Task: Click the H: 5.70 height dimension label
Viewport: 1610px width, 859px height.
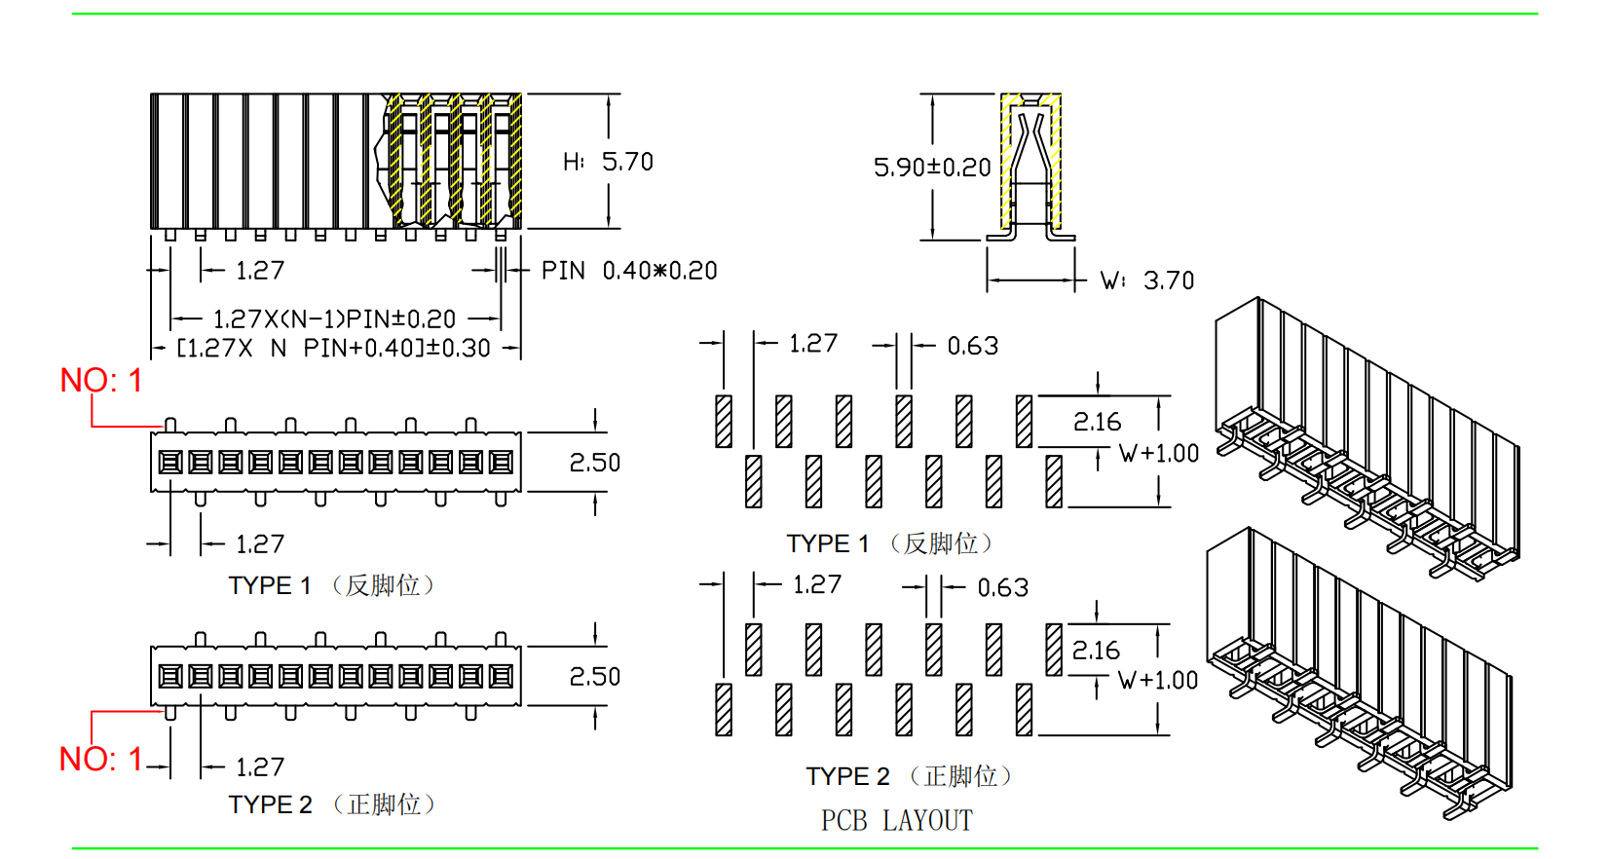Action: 608,162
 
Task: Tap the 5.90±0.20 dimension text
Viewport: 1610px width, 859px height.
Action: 932,168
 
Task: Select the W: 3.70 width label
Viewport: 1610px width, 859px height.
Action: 1147,281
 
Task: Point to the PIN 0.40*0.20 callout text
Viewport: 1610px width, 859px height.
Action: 629,271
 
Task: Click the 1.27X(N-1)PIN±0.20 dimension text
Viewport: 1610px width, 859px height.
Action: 334,319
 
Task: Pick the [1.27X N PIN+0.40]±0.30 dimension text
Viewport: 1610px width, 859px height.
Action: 333,349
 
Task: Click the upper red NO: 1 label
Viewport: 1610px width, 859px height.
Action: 101,381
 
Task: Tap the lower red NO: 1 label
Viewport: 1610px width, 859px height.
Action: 101,760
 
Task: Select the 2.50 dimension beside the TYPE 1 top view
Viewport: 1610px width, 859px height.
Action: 594,463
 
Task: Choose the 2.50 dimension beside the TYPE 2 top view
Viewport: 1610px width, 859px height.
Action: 594,677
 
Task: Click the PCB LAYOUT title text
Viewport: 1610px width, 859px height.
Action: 896,821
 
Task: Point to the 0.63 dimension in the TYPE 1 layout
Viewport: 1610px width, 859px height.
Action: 972,346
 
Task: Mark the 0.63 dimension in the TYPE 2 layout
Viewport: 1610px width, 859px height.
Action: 1002,588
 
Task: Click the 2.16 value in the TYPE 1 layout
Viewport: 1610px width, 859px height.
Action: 1097,423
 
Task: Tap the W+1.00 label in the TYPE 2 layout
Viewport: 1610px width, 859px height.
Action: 1157,681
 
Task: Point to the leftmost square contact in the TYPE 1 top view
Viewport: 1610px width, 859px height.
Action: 170,462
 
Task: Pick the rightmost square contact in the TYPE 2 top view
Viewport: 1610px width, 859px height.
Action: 501,676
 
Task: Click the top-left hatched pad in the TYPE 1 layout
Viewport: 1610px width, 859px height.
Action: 724,421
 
